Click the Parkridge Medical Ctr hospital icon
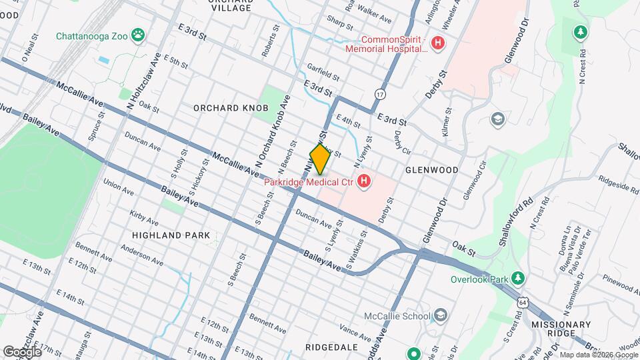pyautogui.click(x=364, y=181)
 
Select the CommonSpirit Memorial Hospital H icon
pyautogui.click(x=438, y=44)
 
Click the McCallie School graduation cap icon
pyautogui.click(x=440, y=315)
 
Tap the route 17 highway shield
pyautogui.click(x=379, y=94)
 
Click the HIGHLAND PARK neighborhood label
pyautogui.click(x=171, y=235)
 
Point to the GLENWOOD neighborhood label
pyautogui.click(x=432, y=170)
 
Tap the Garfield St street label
pyautogui.click(x=323, y=69)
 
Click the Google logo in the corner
pyautogui.click(x=21, y=351)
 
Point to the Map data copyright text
pyautogui.click(x=599, y=355)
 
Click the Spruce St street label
pyautogui.click(x=97, y=127)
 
